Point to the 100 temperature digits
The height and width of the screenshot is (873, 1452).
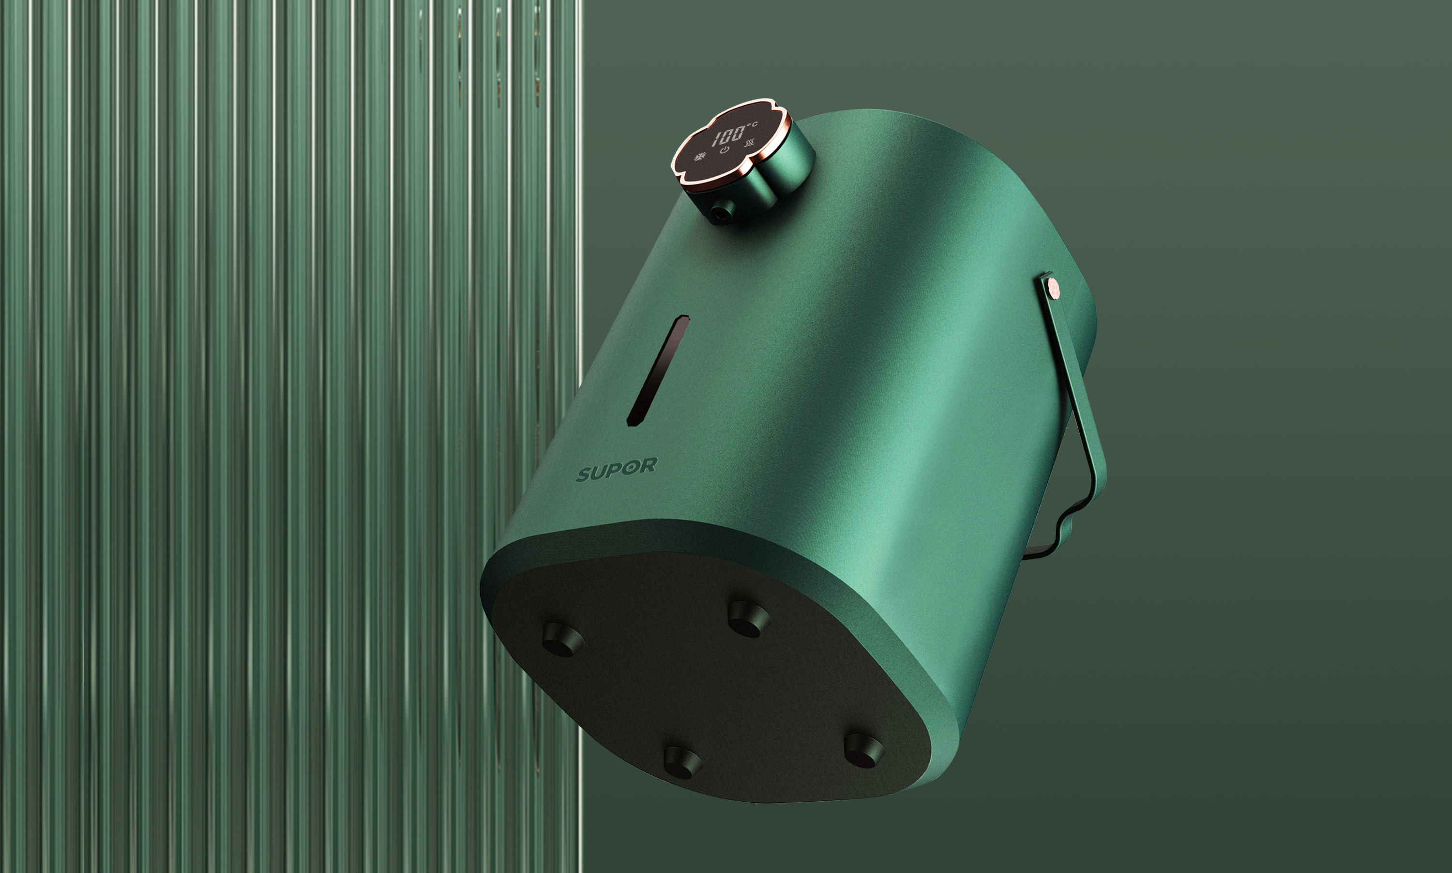(728, 136)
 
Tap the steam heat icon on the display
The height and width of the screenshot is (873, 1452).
(750, 143)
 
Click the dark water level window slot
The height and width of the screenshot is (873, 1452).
(658, 370)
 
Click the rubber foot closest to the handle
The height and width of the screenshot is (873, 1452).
(863, 750)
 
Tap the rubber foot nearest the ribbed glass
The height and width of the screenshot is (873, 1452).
(562, 640)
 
